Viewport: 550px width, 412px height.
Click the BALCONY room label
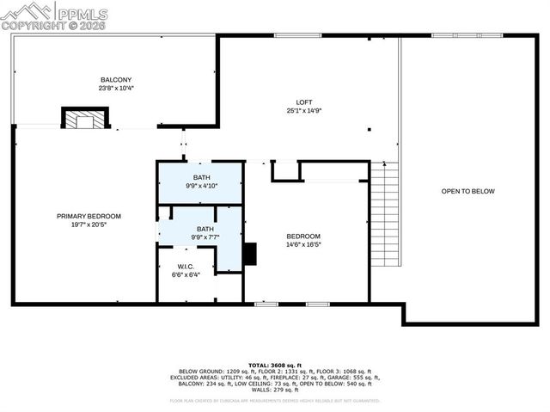coord(115,79)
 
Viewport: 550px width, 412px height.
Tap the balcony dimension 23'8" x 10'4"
coord(115,88)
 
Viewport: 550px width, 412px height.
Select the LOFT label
coord(304,101)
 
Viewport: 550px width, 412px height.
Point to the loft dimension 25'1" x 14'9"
coord(304,110)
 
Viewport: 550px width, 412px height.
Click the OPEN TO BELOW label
coord(467,191)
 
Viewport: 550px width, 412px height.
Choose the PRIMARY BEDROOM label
coord(89,216)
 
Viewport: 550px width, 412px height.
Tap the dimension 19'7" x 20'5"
coord(89,224)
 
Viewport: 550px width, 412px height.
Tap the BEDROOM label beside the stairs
coord(303,237)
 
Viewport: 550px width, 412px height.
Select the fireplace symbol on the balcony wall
coord(84,119)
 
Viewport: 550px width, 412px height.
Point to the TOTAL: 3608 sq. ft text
coord(274,365)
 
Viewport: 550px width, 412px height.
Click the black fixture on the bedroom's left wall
coord(249,254)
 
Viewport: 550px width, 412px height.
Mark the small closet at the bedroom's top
coord(285,170)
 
